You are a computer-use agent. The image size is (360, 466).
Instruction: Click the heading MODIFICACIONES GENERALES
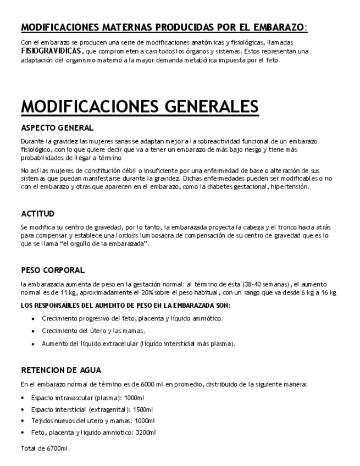click(140, 107)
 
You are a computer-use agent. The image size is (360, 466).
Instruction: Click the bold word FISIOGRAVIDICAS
click(52, 51)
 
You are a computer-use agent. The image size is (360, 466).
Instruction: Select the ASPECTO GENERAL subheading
click(57, 128)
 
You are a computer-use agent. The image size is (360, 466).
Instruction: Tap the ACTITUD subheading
click(37, 214)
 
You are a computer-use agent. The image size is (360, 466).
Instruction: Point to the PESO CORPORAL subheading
click(53, 270)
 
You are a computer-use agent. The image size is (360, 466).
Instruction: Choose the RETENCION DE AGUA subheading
click(61, 370)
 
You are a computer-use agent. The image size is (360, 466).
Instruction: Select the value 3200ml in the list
click(146, 432)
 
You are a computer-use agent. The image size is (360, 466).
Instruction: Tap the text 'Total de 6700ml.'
click(46, 448)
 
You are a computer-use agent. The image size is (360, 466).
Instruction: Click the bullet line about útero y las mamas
click(93, 331)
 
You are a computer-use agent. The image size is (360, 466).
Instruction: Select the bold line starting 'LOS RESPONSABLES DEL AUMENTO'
click(125, 305)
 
